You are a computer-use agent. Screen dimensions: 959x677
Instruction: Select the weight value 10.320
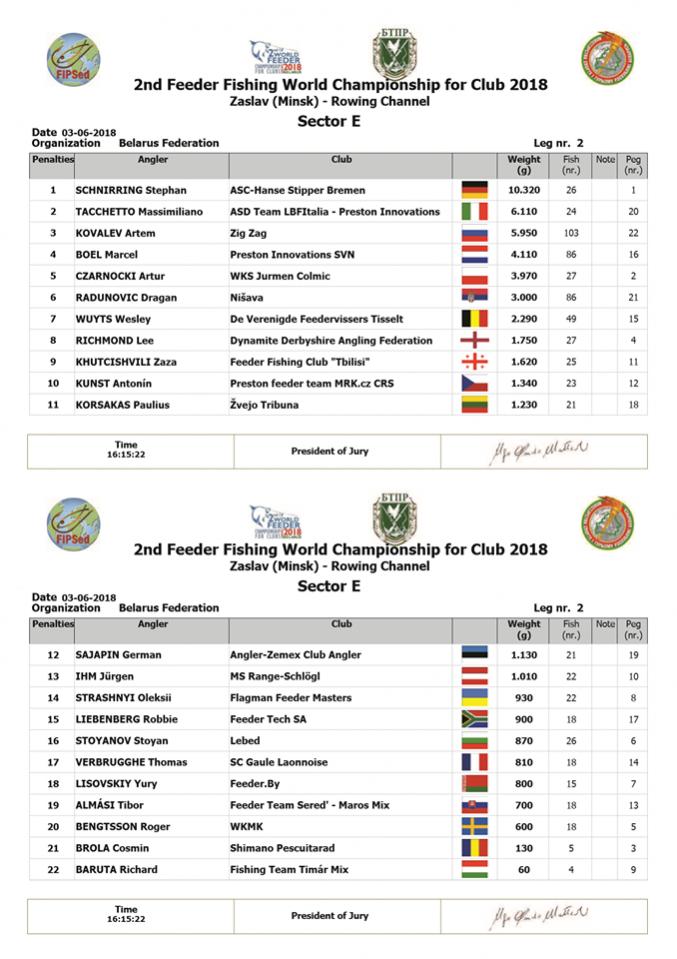click(x=524, y=190)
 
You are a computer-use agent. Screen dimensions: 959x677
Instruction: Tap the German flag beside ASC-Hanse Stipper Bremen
click(x=474, y=190)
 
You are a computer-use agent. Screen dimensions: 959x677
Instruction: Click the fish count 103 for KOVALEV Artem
click(x=571, y=233)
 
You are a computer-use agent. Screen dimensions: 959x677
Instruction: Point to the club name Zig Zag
click(x=247, y=233)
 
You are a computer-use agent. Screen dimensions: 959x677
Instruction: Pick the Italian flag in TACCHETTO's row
click(x=474, y=212)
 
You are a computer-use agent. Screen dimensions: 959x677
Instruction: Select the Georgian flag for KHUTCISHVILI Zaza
click(x=474, y=362)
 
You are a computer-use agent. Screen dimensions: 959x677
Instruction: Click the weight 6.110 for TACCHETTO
click(x=524, y=212)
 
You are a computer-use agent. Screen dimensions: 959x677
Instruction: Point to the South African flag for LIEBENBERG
click(x=474, y=720)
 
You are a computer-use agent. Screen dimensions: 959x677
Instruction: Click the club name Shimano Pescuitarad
click(x=281, y=848)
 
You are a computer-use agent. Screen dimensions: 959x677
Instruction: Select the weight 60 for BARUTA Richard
click(x=524, y=870)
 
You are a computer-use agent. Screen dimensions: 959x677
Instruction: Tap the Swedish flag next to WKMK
click(x=474, y=827)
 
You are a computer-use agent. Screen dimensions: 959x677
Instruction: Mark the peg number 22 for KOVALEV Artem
click(x=633, y=233)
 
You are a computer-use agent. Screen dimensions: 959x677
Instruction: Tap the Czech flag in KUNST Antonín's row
click(x=474, y=384)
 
